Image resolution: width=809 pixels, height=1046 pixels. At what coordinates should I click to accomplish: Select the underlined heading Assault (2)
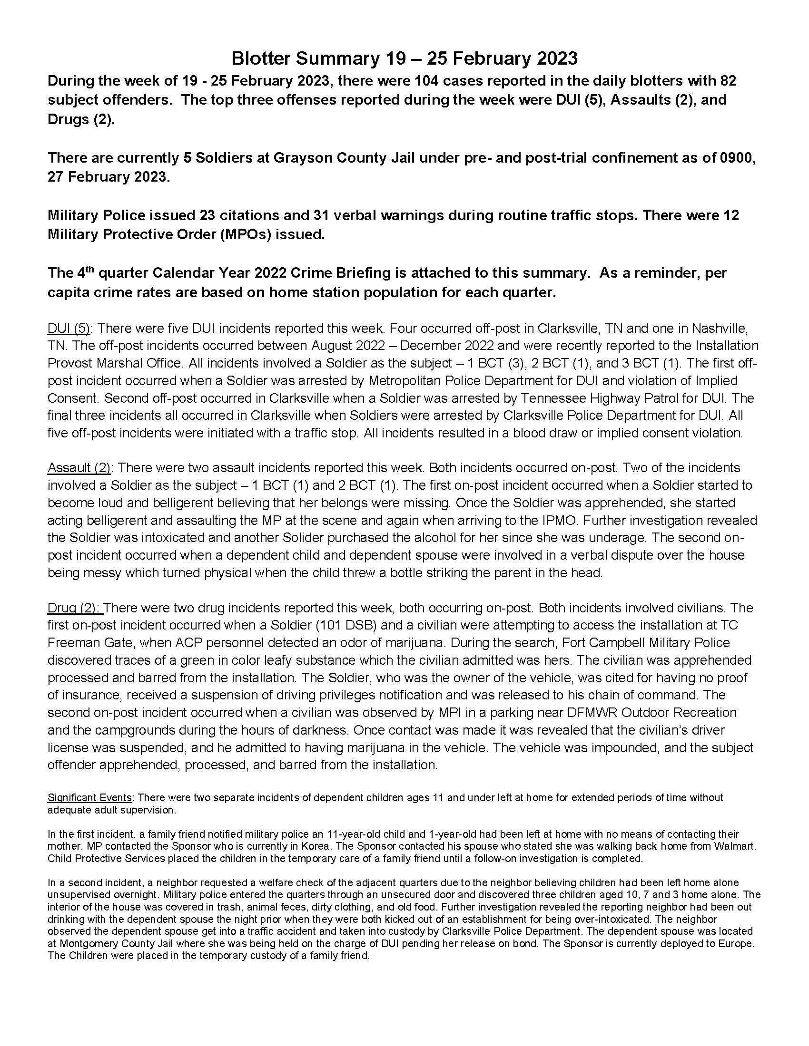pyautogui.click(x=79, y=468)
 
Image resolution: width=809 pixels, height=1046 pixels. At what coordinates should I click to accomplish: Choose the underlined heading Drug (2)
pyautogui.click(x=74, y=608)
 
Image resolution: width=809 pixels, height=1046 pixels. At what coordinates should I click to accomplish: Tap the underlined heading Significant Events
pyautogui.click(x=89, y=797)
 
